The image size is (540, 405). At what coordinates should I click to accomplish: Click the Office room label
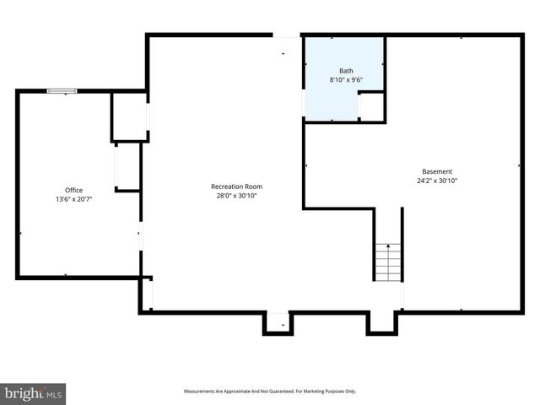click(74, 190)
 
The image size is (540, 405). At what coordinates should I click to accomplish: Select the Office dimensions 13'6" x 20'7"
click(74, 199)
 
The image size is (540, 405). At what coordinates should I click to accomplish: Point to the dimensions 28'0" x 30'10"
click(236, 195)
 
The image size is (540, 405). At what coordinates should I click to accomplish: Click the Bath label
click(346, 71)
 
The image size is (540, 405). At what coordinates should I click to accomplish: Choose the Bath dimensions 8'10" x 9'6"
click(346, 80)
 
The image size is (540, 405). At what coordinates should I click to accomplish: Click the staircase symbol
click(388, 262)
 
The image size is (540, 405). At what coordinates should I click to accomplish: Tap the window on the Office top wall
click(62, 91)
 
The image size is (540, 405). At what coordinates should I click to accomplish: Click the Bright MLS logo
click(34, 393)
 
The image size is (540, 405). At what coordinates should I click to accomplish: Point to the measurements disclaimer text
click(270, 391)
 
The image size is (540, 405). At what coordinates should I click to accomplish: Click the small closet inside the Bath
click(371, 106)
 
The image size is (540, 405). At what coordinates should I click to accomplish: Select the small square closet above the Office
click(130, 116)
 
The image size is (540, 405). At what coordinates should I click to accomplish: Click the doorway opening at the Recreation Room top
click(287, 36)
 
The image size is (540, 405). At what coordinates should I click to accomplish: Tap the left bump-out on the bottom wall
click(277, 323)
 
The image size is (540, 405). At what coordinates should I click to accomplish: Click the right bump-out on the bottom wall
click(381, 322)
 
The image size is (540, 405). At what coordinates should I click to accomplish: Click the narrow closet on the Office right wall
click(127, 167)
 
